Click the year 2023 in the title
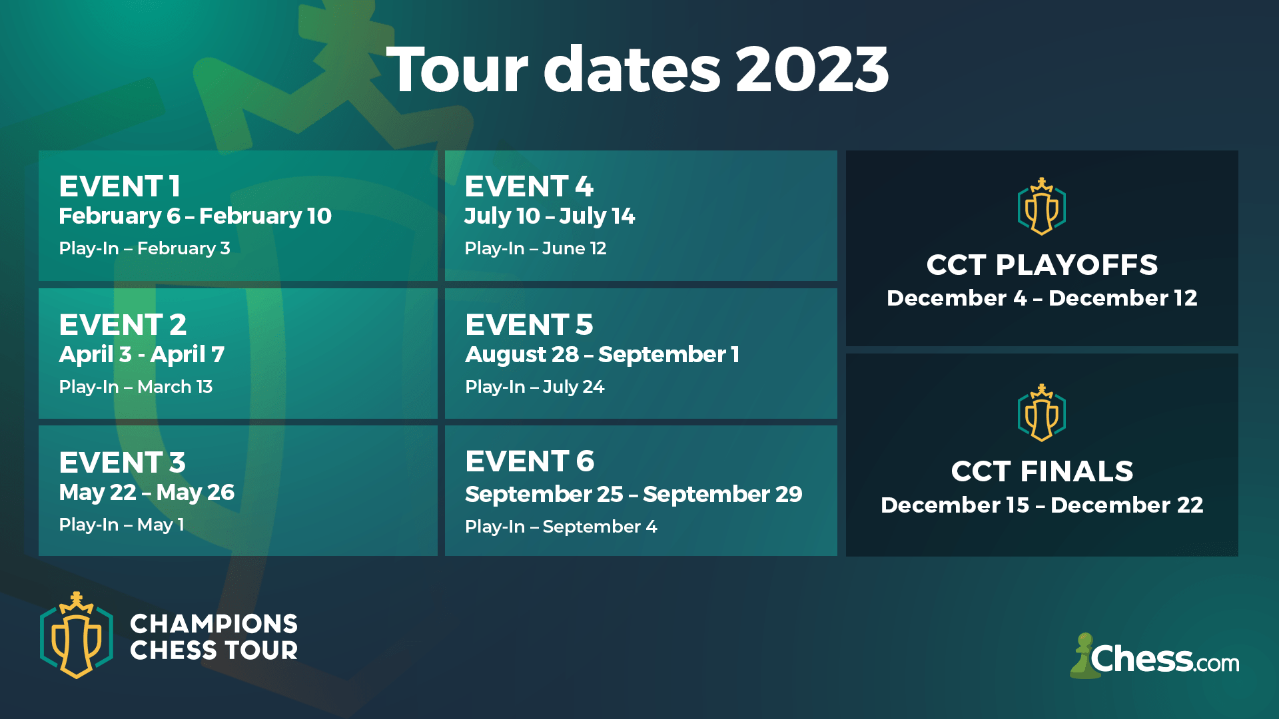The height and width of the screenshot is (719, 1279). point(812,70)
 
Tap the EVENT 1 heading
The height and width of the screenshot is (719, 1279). point(120,186)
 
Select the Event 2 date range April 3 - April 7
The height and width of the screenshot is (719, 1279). point(141,354)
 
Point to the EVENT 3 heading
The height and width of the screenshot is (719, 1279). point(122,463)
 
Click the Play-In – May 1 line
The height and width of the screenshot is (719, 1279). point(121,525)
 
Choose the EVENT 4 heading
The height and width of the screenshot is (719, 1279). point(529,186)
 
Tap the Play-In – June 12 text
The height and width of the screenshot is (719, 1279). point(536,248)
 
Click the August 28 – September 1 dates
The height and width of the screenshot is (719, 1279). point(602,354)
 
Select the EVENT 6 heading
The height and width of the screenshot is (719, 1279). point(530,461)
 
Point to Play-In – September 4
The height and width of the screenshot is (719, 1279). point(561,527)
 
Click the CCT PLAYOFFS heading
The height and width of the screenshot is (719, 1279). point(1042,265)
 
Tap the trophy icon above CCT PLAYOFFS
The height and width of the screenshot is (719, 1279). point(1042,206)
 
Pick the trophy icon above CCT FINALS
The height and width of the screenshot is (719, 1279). point(1042,413)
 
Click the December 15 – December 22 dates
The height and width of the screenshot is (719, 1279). point(1042,505)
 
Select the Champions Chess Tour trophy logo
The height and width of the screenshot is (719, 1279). point(77,636)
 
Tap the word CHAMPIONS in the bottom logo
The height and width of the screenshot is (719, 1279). point(214,624)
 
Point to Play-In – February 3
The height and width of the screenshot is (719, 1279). point(145,248)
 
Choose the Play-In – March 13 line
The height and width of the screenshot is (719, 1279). point(136,387)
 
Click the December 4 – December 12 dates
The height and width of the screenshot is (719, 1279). point(1042,298)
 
